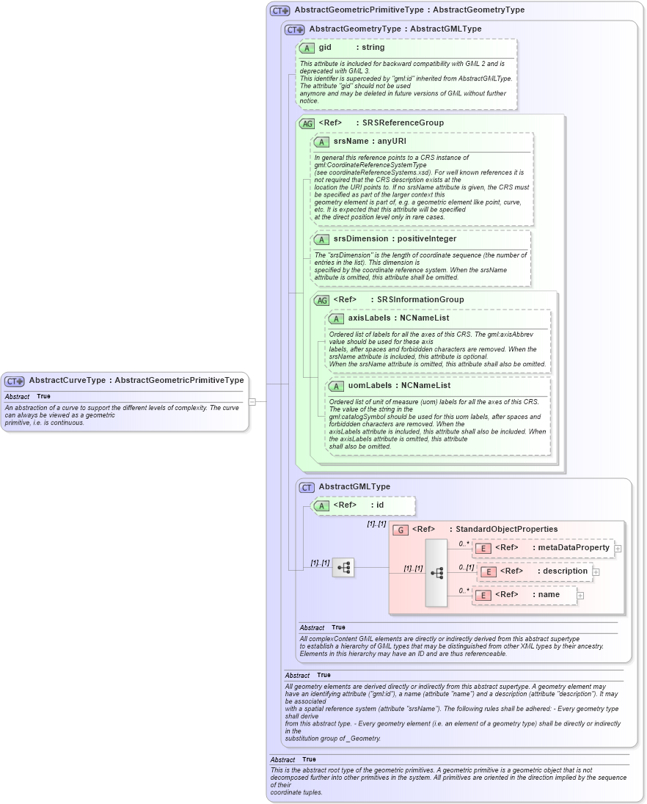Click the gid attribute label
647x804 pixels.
pyautogui.click(x=325, y=48)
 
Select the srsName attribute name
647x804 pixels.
pyautogui.click(x=351, y=141)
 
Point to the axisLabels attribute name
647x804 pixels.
pyautogui.click(x=369, y=318)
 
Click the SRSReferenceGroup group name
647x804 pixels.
pyautogui.click(x=403, y=123)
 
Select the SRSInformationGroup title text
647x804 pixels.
pyautogui.click(x=420, y=299)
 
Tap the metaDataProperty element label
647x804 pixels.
pyautogui.click(x=574, y=547)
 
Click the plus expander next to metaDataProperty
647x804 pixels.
pyautogui.click(x=618, y=548)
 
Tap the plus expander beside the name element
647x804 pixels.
pyautogui.click(x=580, y=595)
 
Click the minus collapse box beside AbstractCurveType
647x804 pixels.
pyautogui.click(x=252, y=401)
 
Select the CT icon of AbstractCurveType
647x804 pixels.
pyautogui.click(x=15, y=381)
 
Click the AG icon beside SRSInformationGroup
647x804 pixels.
pyautogui.click(x=321, y=300)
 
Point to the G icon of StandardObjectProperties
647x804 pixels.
pyautogui.click(x=401, y=530)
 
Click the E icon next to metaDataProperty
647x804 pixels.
pyautogui.click(x=483, y=548)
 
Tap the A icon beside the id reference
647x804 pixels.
pyautogui.click(x=321, y=505)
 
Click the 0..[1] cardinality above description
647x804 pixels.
pyautogui.click(x=466, y=567)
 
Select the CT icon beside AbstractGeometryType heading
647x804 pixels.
pyautogui.click(x=294, y=29)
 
